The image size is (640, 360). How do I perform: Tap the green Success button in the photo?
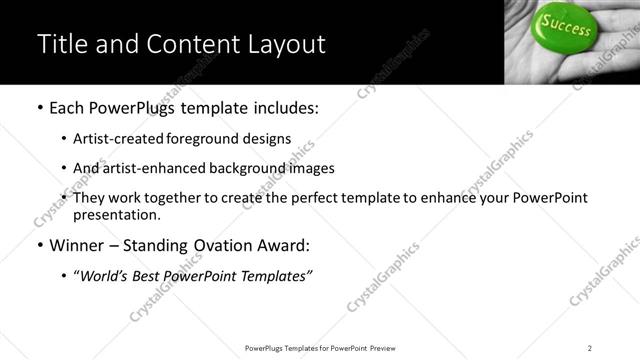(567, 28)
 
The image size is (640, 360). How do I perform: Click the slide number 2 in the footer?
(590, 348)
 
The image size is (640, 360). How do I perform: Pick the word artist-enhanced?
(147, 168)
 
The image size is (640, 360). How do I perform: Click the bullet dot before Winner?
(39, 245)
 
